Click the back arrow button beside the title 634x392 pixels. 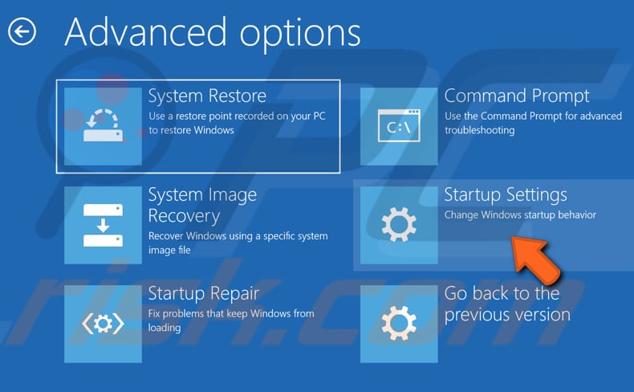tap(22, 31)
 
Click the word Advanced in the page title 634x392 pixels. tap(145, 32)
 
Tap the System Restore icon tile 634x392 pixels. tap(103, 126)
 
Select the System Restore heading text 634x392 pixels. tap(207, 96)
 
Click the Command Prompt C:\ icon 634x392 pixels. tap(399, 126)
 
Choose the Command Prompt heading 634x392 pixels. tap(517, 96)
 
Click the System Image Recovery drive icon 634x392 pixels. tap(103, 225)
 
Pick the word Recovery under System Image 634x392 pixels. tap(184, 216)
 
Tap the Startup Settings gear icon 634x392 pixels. tap(399, 225)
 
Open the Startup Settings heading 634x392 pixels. tap(506, 195)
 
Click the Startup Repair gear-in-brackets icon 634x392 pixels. tap(103, 324)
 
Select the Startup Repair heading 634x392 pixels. tap(203, 294)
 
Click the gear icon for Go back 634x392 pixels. tap(399, 323)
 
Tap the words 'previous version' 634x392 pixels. tap(507, 315)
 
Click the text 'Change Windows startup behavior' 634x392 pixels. tap(520, 214)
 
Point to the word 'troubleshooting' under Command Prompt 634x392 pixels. tap(480, 130)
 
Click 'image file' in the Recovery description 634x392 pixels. tap(169, 250)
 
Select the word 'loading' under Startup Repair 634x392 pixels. tap(165, 328)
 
